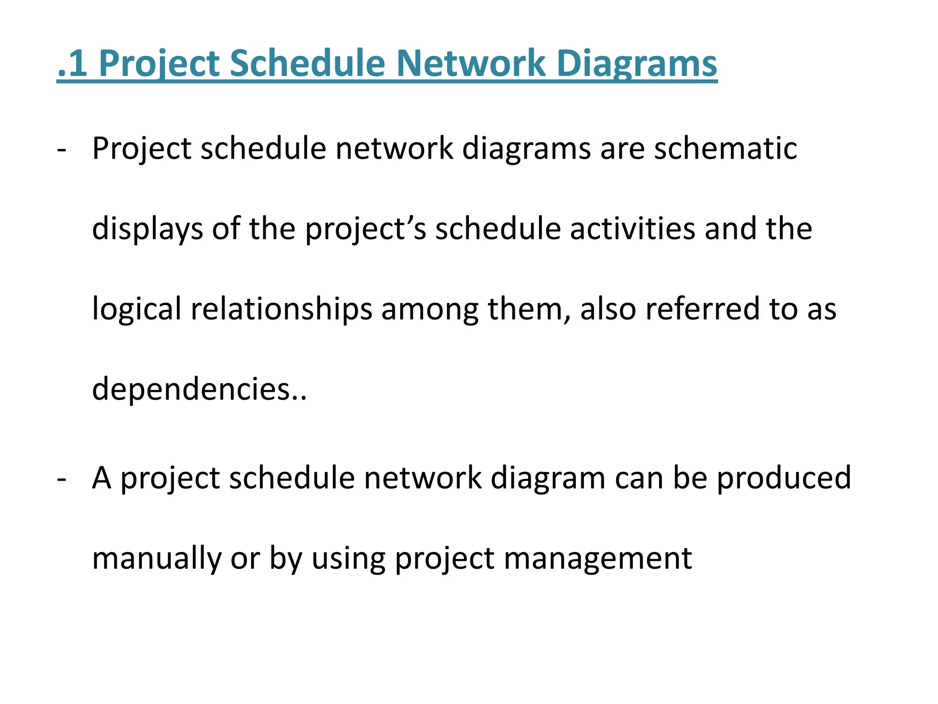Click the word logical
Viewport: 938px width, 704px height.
click(x=136, y=309)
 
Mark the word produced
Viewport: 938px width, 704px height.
click(x=784, y=478)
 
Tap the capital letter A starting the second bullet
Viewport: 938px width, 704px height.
click(x=102, y=478)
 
